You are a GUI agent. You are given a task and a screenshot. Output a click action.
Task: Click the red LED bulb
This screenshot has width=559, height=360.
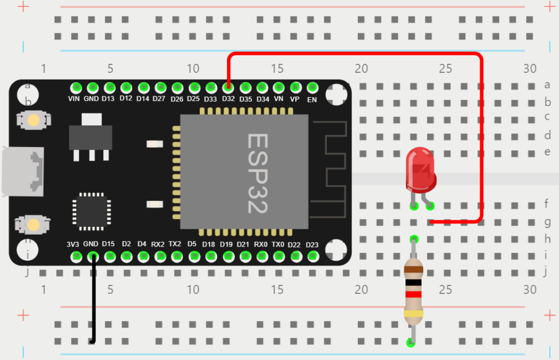pos(421,169)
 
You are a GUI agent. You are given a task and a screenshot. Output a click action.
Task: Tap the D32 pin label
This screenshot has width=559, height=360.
pos(228,99)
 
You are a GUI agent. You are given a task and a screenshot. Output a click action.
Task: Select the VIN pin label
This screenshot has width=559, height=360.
pos(74,99)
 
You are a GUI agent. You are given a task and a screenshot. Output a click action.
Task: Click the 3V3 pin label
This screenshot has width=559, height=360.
pos(73,244)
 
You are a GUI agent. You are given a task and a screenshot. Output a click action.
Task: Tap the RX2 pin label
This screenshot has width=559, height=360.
pos(158,244)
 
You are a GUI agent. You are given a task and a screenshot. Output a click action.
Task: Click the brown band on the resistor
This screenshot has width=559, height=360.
pos(414,270)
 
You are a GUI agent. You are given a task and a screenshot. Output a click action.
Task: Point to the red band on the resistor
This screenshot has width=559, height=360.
pos(414,294)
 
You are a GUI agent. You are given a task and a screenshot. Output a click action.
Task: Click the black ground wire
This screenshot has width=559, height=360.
pos(94,302)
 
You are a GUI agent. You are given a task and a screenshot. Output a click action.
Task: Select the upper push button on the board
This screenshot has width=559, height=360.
pos(34,120)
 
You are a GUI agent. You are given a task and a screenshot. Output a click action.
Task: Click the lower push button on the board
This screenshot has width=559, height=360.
pos(34,225)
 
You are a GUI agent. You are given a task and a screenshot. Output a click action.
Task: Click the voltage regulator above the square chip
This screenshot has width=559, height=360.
pos(91,136)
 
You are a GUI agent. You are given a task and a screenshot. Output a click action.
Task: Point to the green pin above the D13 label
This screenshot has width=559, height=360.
pos(109,87)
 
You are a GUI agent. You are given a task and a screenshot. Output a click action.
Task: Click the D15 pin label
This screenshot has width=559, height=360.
pos(108,244)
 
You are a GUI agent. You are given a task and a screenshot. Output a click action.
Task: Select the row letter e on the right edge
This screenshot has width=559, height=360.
pos(547,152)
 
